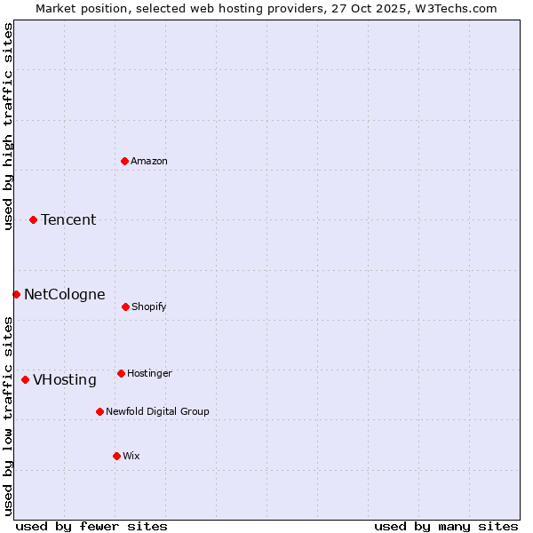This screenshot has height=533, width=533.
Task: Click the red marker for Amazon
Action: [124, 161]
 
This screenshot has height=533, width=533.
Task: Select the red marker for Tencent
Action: [33, 219]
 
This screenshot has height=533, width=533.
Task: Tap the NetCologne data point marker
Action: [16, 294]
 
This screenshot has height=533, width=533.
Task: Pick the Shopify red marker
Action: [125, 306]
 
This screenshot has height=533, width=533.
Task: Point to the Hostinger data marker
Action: [121, 373]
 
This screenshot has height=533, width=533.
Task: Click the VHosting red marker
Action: [25, 379]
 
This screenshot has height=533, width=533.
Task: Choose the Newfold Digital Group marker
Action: [99, 411]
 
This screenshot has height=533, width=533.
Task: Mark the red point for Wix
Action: [116, 456]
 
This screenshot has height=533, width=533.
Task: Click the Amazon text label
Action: [149, 161]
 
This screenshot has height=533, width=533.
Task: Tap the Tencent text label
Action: [68, 219]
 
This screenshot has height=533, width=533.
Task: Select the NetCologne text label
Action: [64, 294]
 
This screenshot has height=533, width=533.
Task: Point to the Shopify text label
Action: [148, 306]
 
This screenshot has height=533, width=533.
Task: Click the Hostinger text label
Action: [149, 373]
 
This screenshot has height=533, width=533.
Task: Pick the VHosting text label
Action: [65, 379]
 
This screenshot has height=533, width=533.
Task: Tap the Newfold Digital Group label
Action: [157, 411]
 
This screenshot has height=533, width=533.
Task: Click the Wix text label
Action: [131, 456]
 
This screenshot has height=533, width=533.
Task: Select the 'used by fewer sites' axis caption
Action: [91, 526]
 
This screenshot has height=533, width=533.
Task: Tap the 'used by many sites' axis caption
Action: [446, 526]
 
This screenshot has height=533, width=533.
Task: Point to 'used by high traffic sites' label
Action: [8, 126]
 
